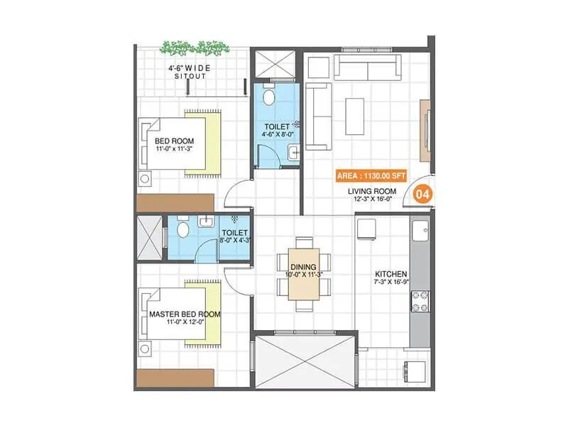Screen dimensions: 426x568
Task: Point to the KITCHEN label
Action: click(x=390, y=273)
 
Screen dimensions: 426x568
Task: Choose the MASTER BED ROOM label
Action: click(x=185, y=313)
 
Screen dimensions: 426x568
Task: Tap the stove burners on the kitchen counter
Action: click(x=420, y=301)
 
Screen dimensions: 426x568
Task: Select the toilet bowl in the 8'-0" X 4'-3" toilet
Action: click(x=182, y=229)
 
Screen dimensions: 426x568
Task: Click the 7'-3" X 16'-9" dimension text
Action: click(x=390, y=283)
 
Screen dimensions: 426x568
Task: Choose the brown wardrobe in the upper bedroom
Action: click(x=175, y=202)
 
